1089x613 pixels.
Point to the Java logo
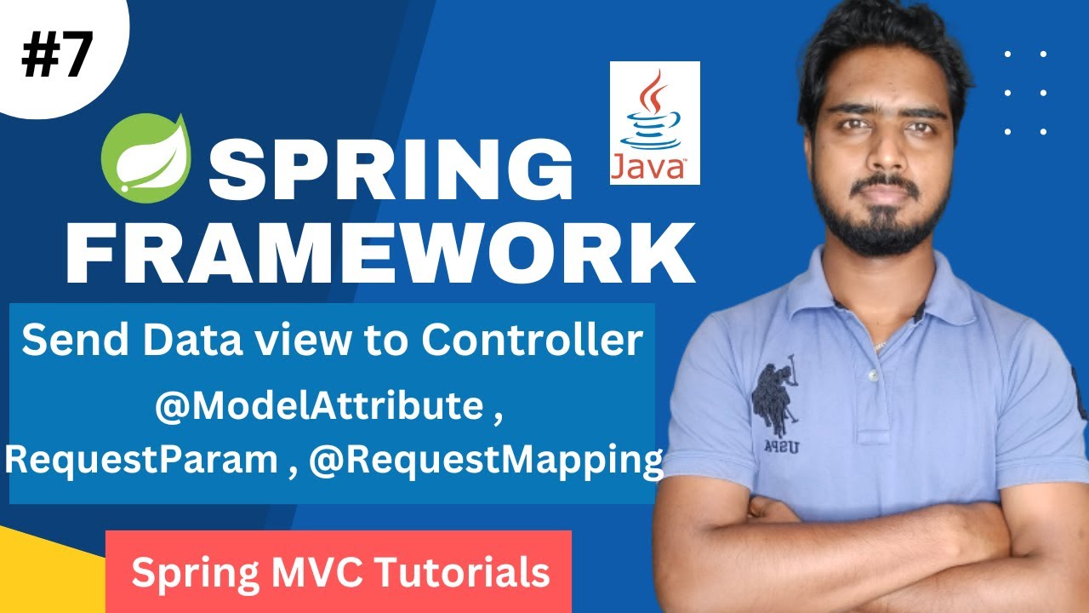(x=654, y=123)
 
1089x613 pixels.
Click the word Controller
(x=532, y=341)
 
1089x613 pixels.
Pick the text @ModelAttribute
(x=318, y=407)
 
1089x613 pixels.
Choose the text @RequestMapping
(x=486, y=460)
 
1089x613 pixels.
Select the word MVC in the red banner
(x=320, y=572)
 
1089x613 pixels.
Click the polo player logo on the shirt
(x=775, y=400)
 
